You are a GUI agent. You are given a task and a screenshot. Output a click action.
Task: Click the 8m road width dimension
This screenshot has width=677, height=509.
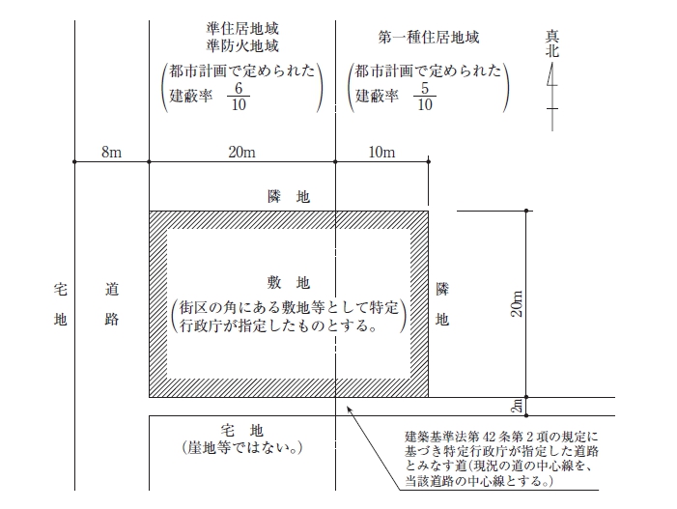pos(111,152)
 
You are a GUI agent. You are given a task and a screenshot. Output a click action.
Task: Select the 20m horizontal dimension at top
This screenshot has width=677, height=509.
pos(241,152)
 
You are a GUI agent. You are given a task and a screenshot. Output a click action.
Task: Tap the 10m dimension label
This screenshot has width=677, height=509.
pos(381,152)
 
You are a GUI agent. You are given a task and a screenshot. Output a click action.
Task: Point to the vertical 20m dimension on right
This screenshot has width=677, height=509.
pos(517,303)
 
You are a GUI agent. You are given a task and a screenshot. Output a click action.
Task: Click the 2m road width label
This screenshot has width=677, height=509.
pos(517,406)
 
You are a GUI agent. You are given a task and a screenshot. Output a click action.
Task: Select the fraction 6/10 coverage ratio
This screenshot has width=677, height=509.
pos(239,97)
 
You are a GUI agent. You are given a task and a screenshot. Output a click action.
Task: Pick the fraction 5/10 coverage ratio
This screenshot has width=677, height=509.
pos(425,97)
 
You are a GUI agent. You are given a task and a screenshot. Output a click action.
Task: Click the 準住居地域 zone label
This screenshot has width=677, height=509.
pos(242,29)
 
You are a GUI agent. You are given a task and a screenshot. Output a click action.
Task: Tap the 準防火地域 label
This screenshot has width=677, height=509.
pos(242,45)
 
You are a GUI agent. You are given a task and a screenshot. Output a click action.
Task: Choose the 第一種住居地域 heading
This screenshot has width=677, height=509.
pos(428,38)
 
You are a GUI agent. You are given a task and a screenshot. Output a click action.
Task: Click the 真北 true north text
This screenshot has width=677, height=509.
pos(552,43)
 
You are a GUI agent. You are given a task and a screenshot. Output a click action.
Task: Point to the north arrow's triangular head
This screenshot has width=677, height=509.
pos(551,74)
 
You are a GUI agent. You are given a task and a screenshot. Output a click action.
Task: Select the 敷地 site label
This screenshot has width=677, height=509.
pos(289,283)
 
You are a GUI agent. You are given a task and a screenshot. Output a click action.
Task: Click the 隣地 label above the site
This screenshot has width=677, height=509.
pos(289,196)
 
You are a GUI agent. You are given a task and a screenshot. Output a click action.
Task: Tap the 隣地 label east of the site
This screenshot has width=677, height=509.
pos(442,304)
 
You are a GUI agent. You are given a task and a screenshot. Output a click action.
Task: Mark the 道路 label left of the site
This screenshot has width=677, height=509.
pos(112,304)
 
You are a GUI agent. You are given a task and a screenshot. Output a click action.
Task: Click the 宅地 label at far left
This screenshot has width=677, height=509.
pos(61,304)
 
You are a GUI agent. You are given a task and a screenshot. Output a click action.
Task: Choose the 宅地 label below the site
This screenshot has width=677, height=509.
pos(241,430)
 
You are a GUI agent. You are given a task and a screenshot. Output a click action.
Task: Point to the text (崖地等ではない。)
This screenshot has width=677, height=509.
pos(242,448)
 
